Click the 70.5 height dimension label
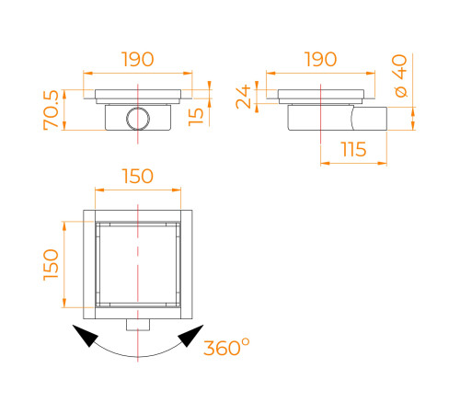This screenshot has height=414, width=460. pyautogui.click(x=51, y=110)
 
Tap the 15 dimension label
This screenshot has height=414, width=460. pyautogui.click(x=196, y=117)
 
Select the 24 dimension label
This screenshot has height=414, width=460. pyautogui.click(x=244, y=98)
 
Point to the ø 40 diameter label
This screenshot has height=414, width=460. pyautogui.click(x=399, y=75)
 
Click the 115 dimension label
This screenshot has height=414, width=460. pyautogui.click(x=353, y=149)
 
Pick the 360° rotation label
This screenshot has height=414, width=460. pyautogui.click(x=226, y=347)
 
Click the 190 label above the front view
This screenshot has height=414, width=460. pyautogui.click(x=137, y=59)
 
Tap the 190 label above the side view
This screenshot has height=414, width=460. pyautogui.click(x=320, y=59)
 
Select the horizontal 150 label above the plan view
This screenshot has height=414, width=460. pyautogui.click(x=138, y=176)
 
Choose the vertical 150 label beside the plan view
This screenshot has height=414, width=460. pyautogui.click(x=51, y=265)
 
